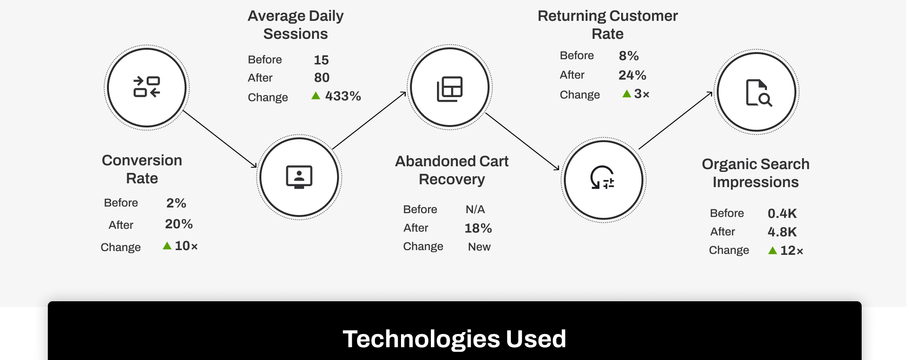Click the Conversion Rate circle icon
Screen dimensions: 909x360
[147, 87]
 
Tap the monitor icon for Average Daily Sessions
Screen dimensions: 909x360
[299, 177]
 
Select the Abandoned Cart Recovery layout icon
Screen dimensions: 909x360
[450, 89]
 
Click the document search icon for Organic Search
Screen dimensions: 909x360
[759, 93]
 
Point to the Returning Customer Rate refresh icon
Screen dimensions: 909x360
[602, 177]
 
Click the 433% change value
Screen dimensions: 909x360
[343, 96]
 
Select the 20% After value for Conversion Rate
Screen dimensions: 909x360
[178, 224]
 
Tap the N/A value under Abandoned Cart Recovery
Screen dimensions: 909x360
[475, 209]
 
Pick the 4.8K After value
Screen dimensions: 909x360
[782, 232]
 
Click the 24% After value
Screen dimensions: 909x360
[632, 75]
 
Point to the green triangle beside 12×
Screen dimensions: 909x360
[773, 250]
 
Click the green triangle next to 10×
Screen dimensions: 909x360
[167, 245]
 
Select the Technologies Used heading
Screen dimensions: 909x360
[454, 339]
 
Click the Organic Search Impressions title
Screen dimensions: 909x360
[756, 173]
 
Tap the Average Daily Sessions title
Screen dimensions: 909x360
[295, 25]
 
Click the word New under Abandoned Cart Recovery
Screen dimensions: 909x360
[479, 247]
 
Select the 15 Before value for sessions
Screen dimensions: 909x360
[321, 60]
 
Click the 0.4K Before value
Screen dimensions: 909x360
[782, 214]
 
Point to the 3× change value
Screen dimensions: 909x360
[642, 94]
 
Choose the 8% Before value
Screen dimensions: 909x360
[629, 56]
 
